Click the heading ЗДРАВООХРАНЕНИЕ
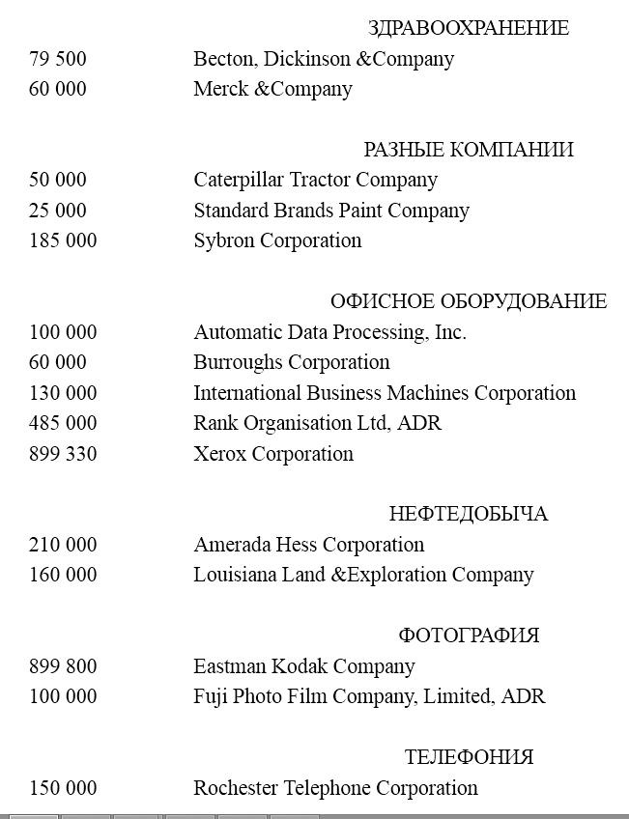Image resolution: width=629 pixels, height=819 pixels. pos(469,28)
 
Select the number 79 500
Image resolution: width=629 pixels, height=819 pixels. pos(58,59)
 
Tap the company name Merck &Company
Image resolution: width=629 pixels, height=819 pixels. pos(272,89)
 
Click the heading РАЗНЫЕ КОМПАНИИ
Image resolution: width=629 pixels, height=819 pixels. pos(469,150)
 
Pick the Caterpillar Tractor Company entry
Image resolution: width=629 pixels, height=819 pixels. pos(315,180)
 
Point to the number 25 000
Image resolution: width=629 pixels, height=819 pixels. pos(58,211)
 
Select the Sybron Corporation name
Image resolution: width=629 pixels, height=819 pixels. pos(277,240)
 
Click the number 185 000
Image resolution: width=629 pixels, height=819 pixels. pos(63,240)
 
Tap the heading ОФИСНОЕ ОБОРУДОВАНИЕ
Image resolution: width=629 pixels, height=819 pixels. pos(469,301)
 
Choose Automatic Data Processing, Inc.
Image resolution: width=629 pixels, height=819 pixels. pos(329,332)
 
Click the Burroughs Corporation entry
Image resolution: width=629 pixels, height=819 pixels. pos(292,362)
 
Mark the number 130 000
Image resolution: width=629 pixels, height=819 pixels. pos(63,393)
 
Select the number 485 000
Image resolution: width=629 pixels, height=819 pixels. pos(63,423)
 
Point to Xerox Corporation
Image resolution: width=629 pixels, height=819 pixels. pos(273,454)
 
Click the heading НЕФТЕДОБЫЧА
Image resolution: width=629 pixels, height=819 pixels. pos(469,514)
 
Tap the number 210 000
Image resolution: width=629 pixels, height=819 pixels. pos(63,545)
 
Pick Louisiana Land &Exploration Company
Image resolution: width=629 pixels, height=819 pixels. pos(363,575)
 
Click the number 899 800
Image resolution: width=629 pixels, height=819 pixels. pos(63,666)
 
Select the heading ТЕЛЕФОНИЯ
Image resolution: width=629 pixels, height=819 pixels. pos(469,757)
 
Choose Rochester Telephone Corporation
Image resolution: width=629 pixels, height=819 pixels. pos(335,788)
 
